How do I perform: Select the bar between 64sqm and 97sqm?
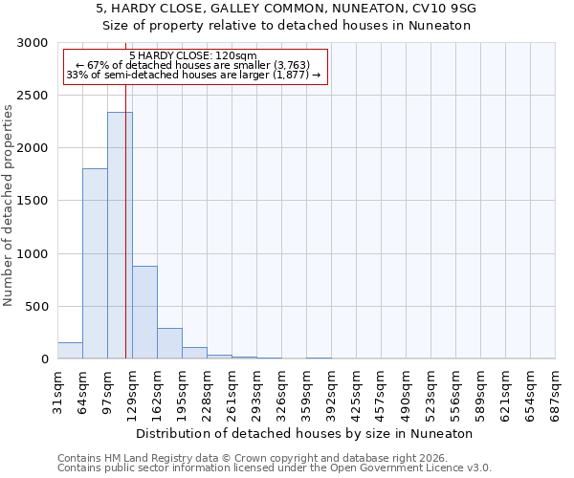click(x=95, y=263)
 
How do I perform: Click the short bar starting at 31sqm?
click(x=70, y=350)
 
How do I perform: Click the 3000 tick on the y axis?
click(x=34, y=44)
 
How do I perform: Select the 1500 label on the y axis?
click(x=34, y=202)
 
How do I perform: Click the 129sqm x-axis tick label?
click(x=132, y=390)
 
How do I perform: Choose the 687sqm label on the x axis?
click(x=556, y=390)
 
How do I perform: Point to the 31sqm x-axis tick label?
click(x=57, y=390)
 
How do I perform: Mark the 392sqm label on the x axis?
click(x=331, y=390)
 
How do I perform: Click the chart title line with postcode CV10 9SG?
click(x=287, y=9)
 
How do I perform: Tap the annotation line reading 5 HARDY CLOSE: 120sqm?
click(x=193, y=56)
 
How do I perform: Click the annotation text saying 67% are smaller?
click(x=193, y=65)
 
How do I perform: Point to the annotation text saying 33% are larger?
click(x=193, y=75)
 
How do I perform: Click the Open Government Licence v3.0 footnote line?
click(x=275, y=468)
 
